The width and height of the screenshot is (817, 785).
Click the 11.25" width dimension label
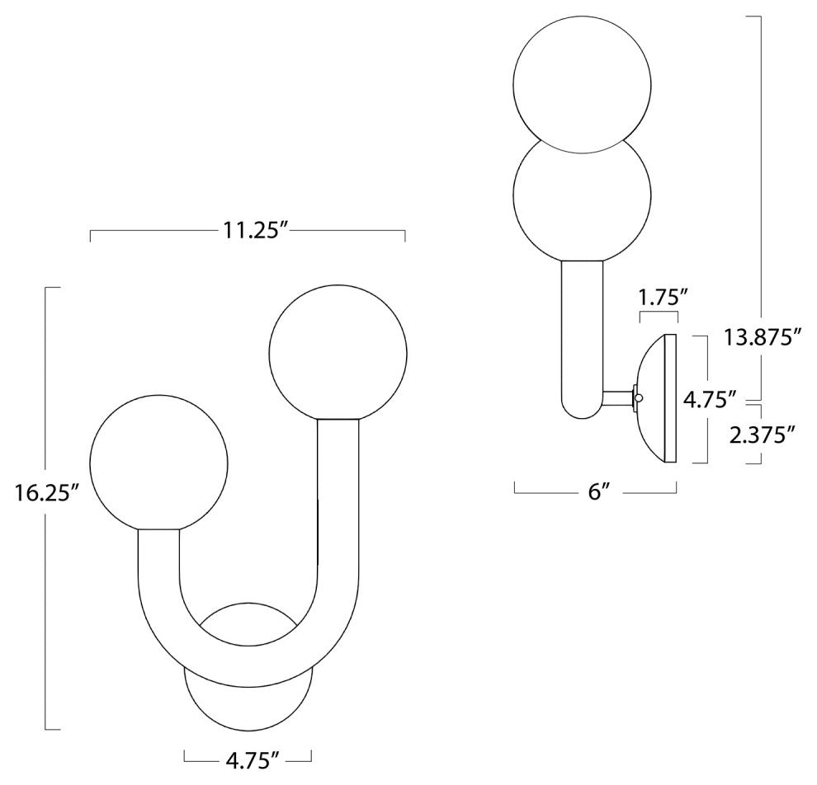click(x=247, y=232)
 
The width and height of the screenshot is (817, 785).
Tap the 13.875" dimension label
click(x=763, y=336)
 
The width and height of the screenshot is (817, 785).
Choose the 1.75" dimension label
click(x=659, y=295)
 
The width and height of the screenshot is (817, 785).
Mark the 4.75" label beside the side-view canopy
click(x=710, y=399)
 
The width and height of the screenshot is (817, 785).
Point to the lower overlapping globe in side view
click(x=583, y=198)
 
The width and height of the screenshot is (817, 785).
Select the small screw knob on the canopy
click(x=636, y=398)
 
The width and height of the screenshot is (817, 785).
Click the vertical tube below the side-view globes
click(x=583, y=330)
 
